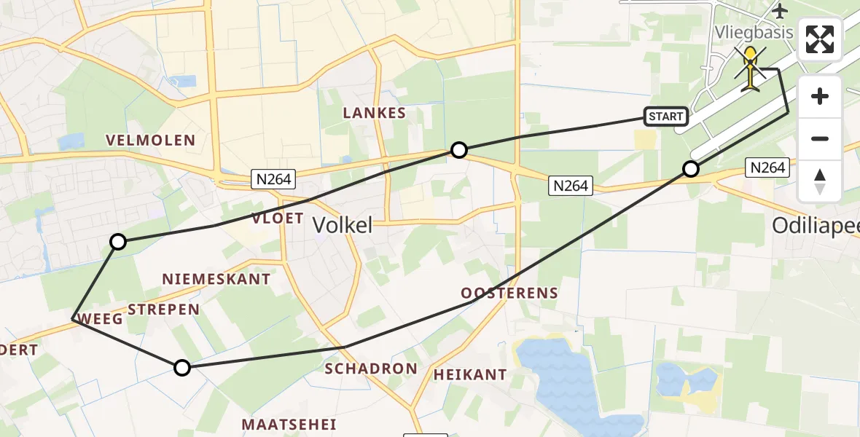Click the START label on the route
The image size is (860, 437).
(665, 117)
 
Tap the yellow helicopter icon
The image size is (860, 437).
(751, 70)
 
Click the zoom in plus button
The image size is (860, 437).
(820, 96)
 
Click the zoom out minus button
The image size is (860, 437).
(820, 138)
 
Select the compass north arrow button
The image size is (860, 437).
(820, 181)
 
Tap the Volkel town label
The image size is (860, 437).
(343, 225)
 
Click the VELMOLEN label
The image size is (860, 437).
(150, 140)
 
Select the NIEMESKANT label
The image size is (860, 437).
(216, 279)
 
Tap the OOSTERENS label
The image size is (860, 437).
(509, 293)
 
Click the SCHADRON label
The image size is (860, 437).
(371, 369)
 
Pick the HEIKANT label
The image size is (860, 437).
(470, 374)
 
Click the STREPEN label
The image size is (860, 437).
(163, 309)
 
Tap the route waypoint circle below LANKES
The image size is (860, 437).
(458, 150)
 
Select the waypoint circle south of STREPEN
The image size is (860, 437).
(182, 368)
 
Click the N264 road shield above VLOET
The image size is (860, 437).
(273, 178)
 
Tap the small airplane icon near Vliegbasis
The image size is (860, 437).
(781, 11)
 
